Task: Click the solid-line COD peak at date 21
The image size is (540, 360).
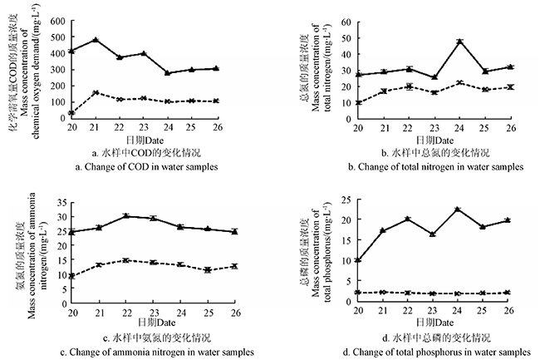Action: pyautogui.click(x=96, y=40)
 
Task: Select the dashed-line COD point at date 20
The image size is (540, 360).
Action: pyautogui.click(x=71, y=112)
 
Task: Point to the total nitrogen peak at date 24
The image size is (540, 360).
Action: pyautogui.click(x=459, y=42)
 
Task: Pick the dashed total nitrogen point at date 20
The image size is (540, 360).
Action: pyautogui.click(x=358, y=103)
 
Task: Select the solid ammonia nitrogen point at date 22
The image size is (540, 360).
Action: pyautogui.click(x=125, y=216)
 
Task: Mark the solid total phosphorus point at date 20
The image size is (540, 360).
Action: pyautogui.click(x=358, y=260)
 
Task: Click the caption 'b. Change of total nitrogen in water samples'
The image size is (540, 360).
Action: pyautogui.click(x=440, y=167)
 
